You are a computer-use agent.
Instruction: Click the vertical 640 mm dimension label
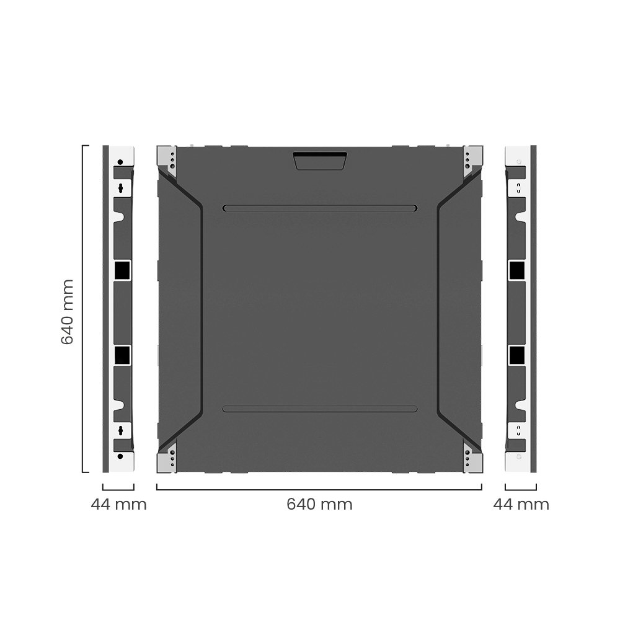point(68,312)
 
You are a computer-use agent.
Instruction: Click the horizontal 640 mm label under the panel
point(319,505)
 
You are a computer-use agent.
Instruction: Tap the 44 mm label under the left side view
point(118,505)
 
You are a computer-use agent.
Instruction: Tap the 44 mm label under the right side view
point(521,505)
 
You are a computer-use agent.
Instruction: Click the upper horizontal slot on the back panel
point(320,208)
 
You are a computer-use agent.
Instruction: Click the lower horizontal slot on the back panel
point(320,409)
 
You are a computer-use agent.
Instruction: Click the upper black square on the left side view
point(122,270)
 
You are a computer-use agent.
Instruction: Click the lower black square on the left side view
point(122,355)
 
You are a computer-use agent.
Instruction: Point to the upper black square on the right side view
point(516,270)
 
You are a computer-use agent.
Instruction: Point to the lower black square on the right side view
point(516,355)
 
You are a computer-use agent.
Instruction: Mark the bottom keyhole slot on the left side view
point(122,430)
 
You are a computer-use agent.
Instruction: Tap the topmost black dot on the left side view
point(120,162)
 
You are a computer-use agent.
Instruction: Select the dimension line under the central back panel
point(319,490)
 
